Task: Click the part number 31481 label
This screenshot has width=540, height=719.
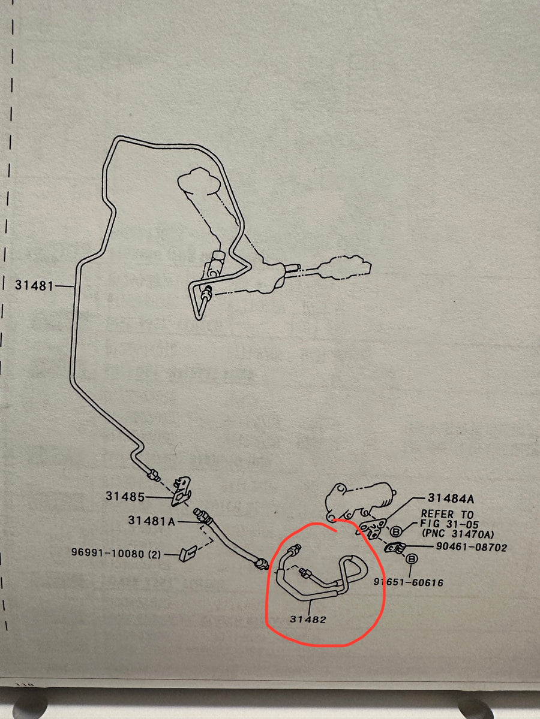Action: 34,285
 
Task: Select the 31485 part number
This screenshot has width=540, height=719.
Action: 125,497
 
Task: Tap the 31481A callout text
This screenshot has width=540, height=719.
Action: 151,521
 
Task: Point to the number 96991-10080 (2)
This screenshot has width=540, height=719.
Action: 116,554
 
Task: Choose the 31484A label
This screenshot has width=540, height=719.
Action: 451,499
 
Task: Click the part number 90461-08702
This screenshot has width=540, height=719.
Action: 472,548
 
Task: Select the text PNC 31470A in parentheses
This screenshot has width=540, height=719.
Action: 458,534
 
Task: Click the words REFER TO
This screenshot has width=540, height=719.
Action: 447,514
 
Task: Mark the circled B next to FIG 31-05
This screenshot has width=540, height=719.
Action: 396,531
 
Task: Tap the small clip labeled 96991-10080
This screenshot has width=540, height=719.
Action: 186,554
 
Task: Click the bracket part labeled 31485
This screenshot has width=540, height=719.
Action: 181,491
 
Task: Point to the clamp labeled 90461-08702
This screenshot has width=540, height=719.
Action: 396,548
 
